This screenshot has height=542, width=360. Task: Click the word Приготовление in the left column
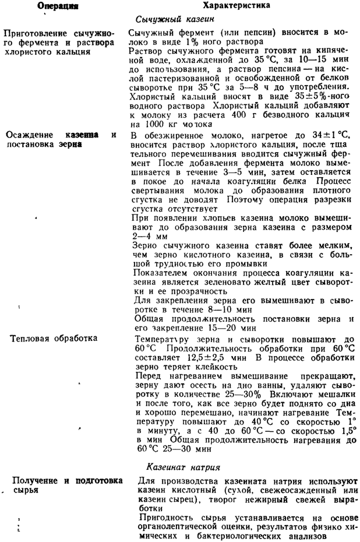[x=34, y=33]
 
